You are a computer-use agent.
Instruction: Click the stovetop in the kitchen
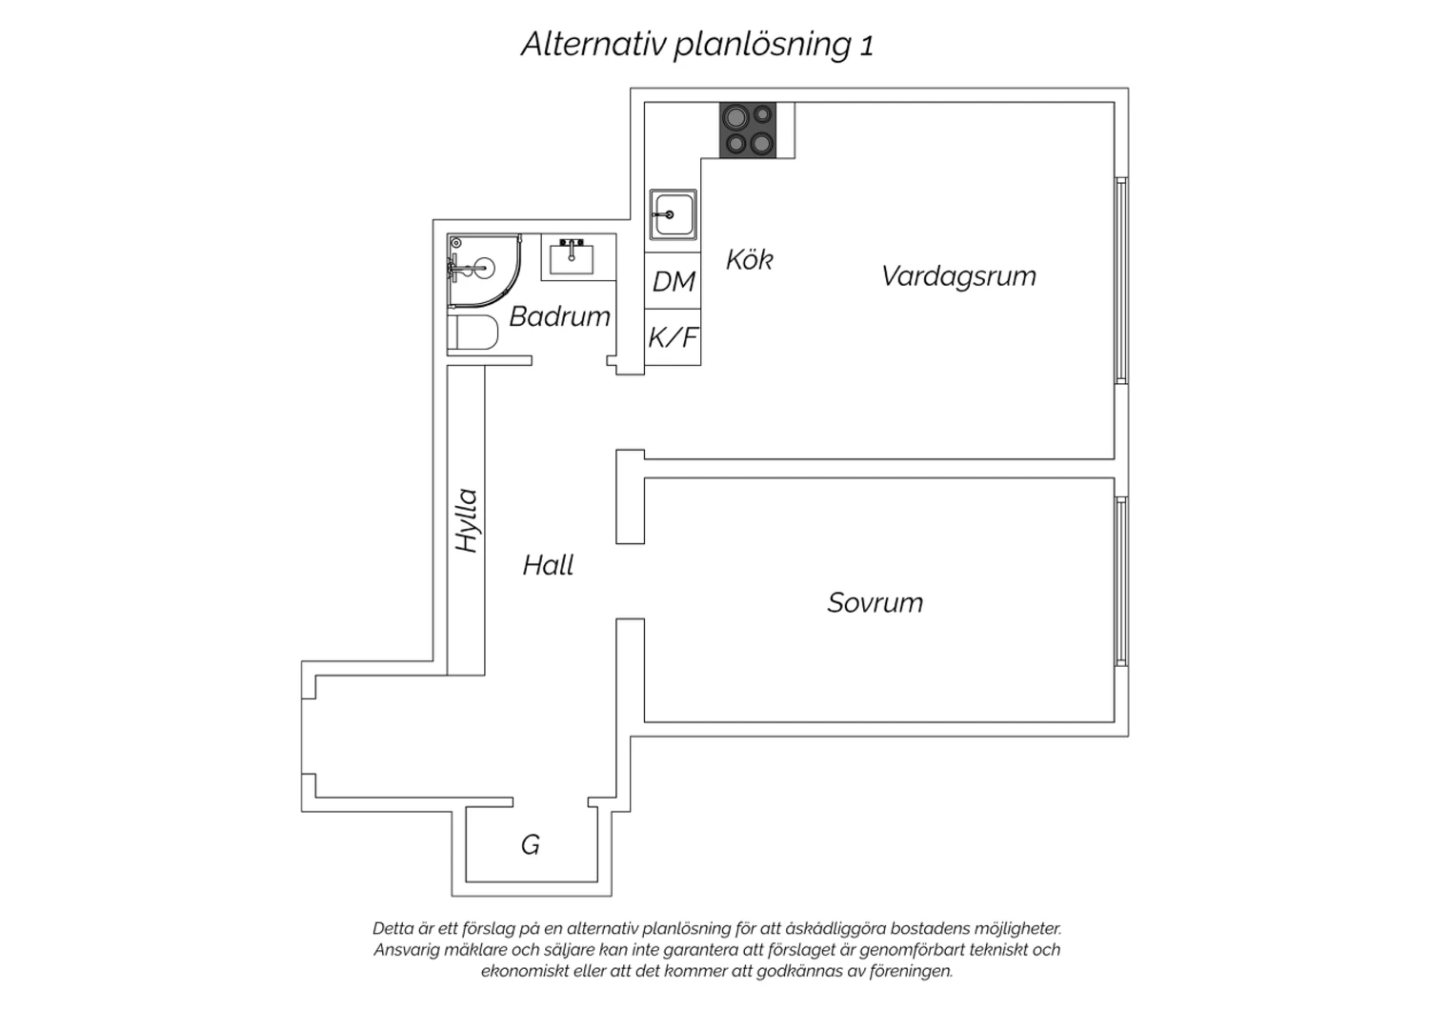tap(748, 131)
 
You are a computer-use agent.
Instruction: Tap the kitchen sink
tap(673, 214)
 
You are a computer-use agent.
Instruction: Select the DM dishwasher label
tap(673, 281)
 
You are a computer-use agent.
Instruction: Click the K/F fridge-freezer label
tap(673, 337)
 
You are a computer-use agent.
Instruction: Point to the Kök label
tap(750, 260)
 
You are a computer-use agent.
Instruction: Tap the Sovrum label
tap(876, 602)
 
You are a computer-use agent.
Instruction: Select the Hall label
tap(548, 565)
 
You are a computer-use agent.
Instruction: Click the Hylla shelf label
tap(467, 520)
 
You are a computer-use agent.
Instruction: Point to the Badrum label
tap(559, 316)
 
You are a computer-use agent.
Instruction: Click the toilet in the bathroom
tap(473, 332)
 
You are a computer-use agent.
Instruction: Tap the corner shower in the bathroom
tap(484, 271)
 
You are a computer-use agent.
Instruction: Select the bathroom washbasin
tap(573, 257)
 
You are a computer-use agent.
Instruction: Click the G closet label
tap(531, 845)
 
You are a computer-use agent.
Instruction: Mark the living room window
tap(1121, 280)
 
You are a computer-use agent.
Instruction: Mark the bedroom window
tap(1121, 581)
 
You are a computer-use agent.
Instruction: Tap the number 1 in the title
tap(866, 46)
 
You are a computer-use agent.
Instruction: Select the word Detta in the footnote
tap(391, 928)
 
